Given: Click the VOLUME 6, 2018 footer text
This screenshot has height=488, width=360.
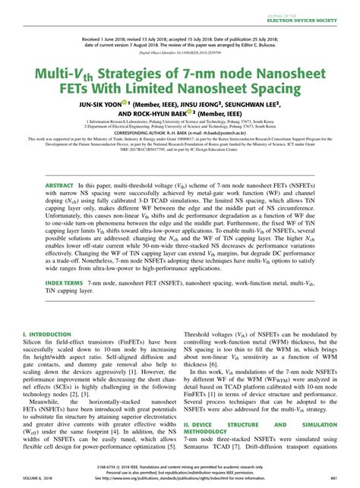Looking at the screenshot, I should (40, 478).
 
